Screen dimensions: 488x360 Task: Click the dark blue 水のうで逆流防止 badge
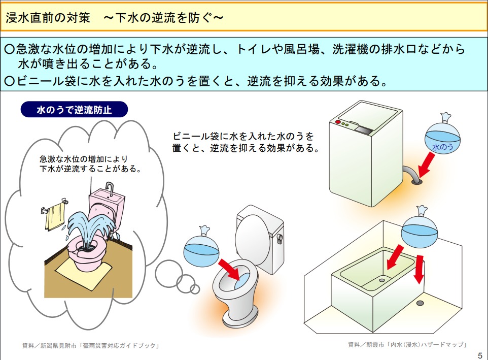point(74,109)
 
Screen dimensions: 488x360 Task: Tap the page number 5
point(480,355)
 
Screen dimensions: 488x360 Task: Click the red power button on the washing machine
point(338,122)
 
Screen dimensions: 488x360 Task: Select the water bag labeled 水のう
point(442,134)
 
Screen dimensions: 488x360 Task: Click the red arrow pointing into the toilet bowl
point(230,269)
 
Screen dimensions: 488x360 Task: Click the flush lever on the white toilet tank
point(279,238)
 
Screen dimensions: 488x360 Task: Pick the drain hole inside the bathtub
point(382,280)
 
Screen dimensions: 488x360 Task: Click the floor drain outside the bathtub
point(420,303)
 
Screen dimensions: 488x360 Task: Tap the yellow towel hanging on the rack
point(55,217)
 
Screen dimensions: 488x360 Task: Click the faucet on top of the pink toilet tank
point(110,189)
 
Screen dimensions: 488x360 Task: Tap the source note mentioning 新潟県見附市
point(91,346)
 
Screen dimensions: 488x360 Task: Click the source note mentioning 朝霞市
point(407,344)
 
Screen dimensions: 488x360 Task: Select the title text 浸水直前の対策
point(48,18)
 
